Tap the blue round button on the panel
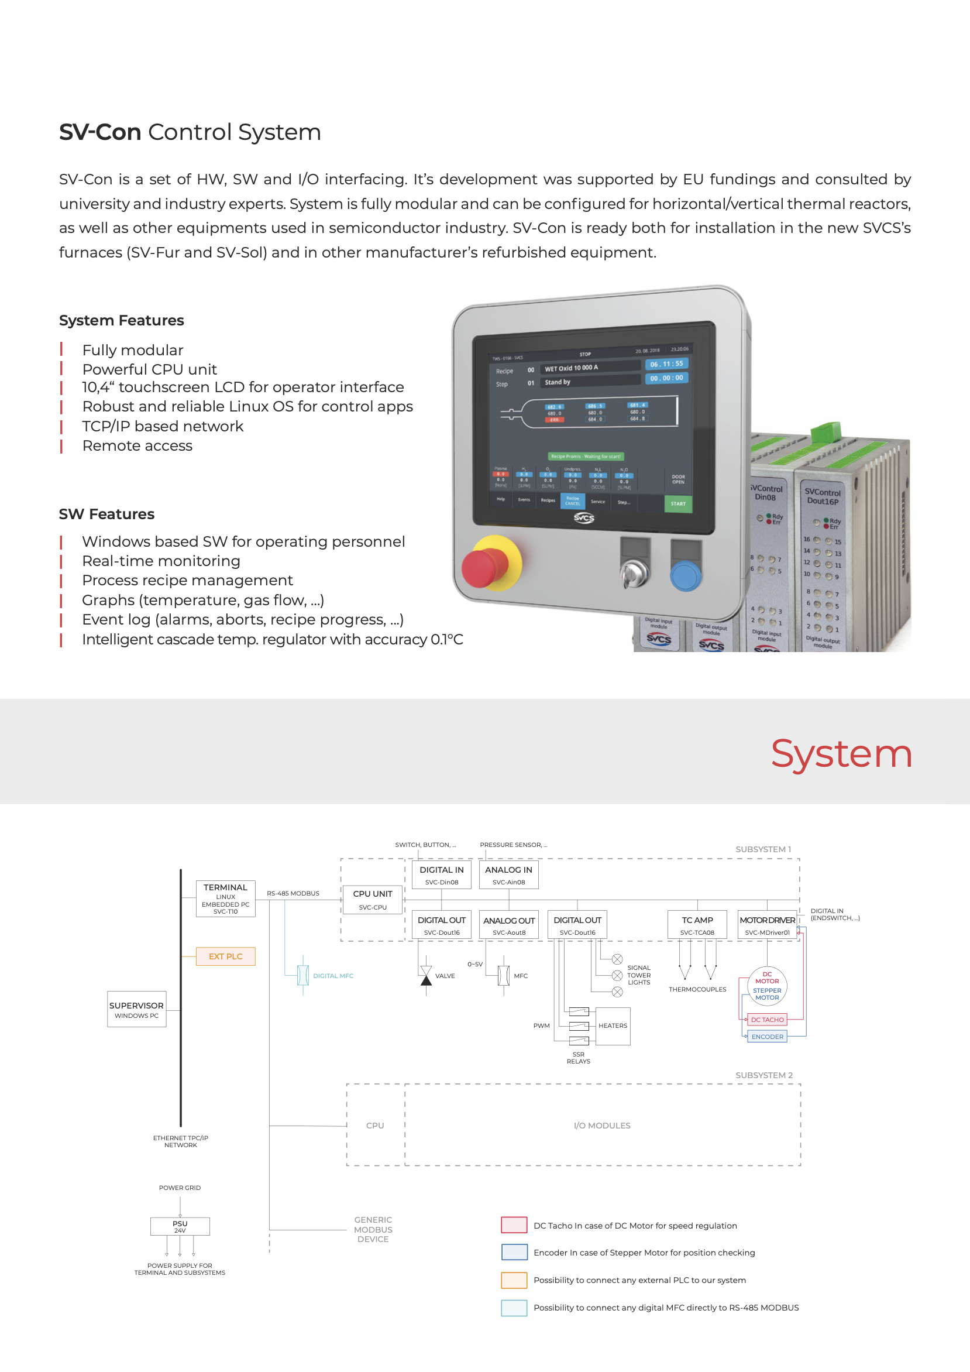(x=684, y=575)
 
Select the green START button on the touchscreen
(x=678, y=504)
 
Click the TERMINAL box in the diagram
(x=225, y=898)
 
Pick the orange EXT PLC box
(x=226, y=956)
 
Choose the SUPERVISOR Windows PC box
(x=136, y=1009)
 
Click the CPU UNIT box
(x=373, y=899)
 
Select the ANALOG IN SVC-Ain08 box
(x=508, y=875)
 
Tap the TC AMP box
(x=697, y=925)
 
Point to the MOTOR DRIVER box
(x=767, y=925)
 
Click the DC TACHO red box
(x=767, y=1020)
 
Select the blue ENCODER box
(x=767, y=1037)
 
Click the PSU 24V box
(x=180, y=1226)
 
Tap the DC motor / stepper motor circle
(x=767, y=985)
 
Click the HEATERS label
(x=613, y=1025)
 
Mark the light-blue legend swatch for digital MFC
(x=514, y=1308)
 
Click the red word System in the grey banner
(x=841, y=753)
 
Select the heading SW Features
(x=106, y=514)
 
